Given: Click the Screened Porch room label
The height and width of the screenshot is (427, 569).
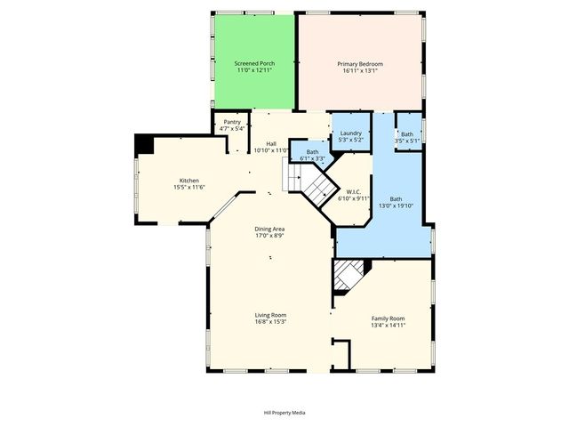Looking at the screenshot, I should pyautogui.click(x=254, y=64).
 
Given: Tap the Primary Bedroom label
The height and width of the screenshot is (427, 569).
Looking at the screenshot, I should pyautogui.click(x=360, y=64).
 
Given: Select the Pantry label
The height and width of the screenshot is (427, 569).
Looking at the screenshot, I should pyautogui.click(x=232, y=122).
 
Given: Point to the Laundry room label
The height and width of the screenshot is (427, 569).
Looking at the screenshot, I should pyautogui.click(x=350, y=133).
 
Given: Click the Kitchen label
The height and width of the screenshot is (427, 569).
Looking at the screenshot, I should pyautogui.click(x=189, y=181).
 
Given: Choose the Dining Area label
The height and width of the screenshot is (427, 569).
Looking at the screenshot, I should pyautogui.click(x=270, y=229).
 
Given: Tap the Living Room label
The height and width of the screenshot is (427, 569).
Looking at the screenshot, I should pyautogui.click(x=270, y=315).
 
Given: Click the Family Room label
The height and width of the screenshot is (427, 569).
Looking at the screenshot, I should pyautogui.click(x=388, y=318).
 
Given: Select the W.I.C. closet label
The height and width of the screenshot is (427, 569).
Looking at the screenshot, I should pyautogui.click(x=354, y=191).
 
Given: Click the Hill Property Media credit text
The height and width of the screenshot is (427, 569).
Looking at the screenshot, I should pyautogui.click(x=284, y=413).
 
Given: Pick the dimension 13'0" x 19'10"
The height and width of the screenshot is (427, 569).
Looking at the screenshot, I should pyautogui.click(x=396, y=205).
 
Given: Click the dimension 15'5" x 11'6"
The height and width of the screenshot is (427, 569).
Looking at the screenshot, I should pyautogui.click(x=189, y=187).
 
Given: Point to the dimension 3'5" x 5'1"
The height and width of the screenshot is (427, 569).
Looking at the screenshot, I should pyautogui.click(x=407, y=140).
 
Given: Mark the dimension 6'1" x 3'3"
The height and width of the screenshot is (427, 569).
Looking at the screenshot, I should pyautogui.click(x=313, y=158).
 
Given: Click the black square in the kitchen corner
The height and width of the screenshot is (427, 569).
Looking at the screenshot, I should pyautogui.click(x=141, y=142).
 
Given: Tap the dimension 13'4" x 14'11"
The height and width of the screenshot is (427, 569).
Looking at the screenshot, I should pyautogui.click(x=388, y=326).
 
